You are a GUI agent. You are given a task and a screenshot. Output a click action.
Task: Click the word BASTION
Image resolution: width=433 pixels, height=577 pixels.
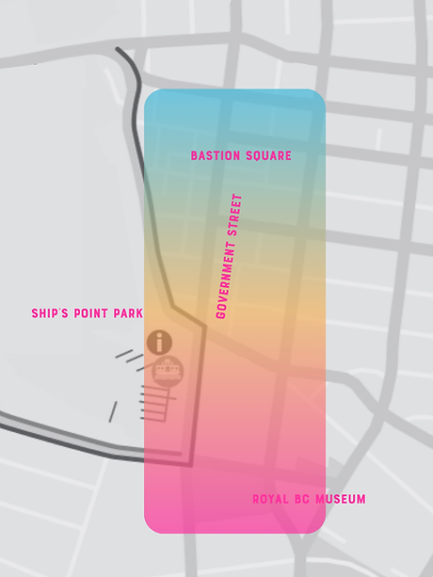215,156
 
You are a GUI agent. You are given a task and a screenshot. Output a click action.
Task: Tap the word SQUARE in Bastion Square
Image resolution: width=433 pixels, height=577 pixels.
267,156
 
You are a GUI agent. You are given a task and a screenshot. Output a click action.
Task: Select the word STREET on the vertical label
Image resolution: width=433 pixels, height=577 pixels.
236,216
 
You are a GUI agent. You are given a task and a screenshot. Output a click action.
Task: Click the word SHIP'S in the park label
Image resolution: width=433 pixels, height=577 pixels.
48,313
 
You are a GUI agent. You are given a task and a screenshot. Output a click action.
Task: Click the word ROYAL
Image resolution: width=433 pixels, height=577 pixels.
270,499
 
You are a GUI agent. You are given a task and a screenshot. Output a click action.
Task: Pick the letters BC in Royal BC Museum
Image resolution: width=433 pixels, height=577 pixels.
304,499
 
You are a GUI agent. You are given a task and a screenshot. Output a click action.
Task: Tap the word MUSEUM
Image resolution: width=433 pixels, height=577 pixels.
341,499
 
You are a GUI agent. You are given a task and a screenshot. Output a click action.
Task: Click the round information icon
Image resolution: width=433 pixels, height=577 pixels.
160,342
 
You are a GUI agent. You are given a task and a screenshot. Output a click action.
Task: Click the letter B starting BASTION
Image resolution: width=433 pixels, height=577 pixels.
194,156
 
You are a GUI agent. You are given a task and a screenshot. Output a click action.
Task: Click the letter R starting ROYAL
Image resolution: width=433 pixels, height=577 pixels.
256,499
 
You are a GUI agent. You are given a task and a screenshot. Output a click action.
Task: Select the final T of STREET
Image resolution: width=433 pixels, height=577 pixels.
238,197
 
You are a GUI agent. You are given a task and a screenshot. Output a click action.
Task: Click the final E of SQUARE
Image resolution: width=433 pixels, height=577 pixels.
288,156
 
